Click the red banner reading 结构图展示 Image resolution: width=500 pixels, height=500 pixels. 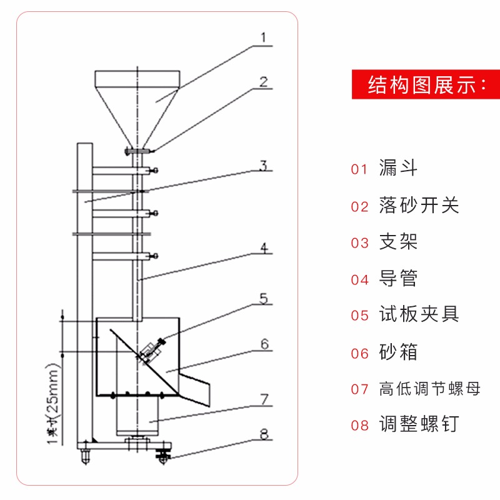tap(426, 84)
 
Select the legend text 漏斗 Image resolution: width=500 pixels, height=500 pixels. tap(398, 168)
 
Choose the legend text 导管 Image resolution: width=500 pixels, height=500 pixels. tap(398, 278)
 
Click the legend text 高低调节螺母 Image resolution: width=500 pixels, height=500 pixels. tap(430, 389)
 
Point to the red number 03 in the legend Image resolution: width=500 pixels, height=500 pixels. tap(360, 242)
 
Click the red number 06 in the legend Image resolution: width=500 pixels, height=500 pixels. tap(360, 352)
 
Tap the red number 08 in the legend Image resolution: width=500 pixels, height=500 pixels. tap(360, 426)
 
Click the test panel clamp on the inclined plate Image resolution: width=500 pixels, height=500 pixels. tap(152, 350)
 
